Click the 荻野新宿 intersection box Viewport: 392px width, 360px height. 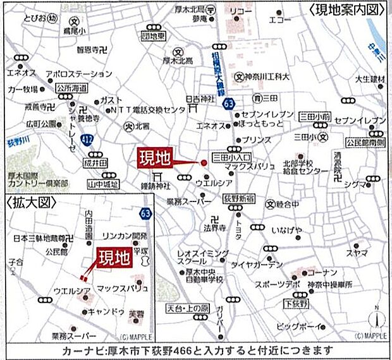point(238,198)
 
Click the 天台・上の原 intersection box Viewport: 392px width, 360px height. point(187,307)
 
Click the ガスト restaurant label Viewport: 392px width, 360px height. point(110,100)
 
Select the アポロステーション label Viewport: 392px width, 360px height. point(78,73)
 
